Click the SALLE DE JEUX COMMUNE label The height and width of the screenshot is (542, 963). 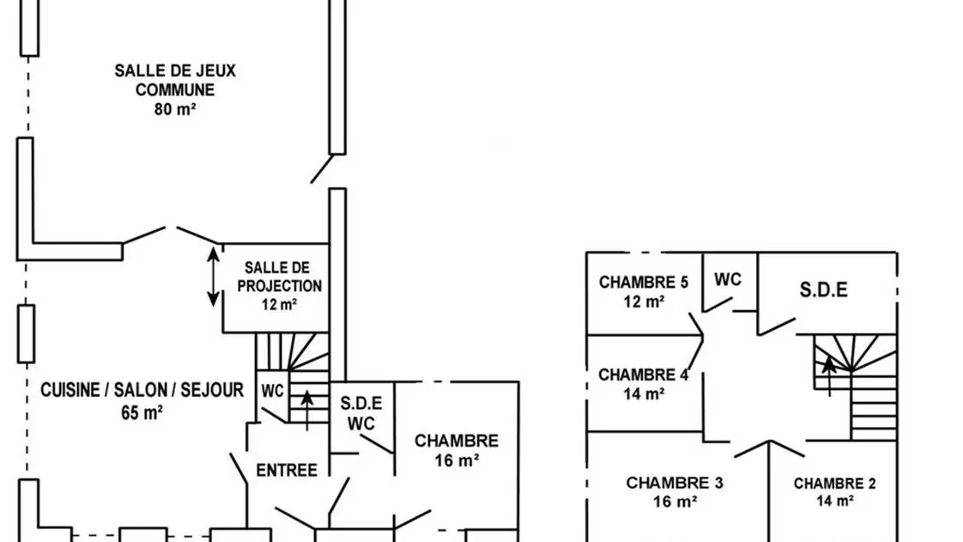click(174, 80)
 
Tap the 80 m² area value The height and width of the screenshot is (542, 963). click(174, 109)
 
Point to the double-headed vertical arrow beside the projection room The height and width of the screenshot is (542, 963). click(213, 276)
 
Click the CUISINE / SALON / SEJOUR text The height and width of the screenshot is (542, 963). click(142, 391)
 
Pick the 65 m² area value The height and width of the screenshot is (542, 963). click(142, 411)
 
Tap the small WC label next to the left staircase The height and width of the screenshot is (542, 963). click(273, 391)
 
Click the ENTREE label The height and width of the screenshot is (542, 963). click(287, 470)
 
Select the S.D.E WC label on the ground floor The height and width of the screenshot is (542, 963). click(360, 412)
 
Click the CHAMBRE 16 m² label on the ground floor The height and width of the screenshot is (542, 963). click(457, 450)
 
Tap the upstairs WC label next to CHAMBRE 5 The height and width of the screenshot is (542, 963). click(728, 279)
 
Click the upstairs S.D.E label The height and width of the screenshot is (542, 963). click(824, 289)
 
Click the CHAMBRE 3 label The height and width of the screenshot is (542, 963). click(675, 483)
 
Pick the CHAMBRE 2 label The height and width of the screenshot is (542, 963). click(834, 484)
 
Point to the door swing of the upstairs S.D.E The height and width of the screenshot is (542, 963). click(777, 325)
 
